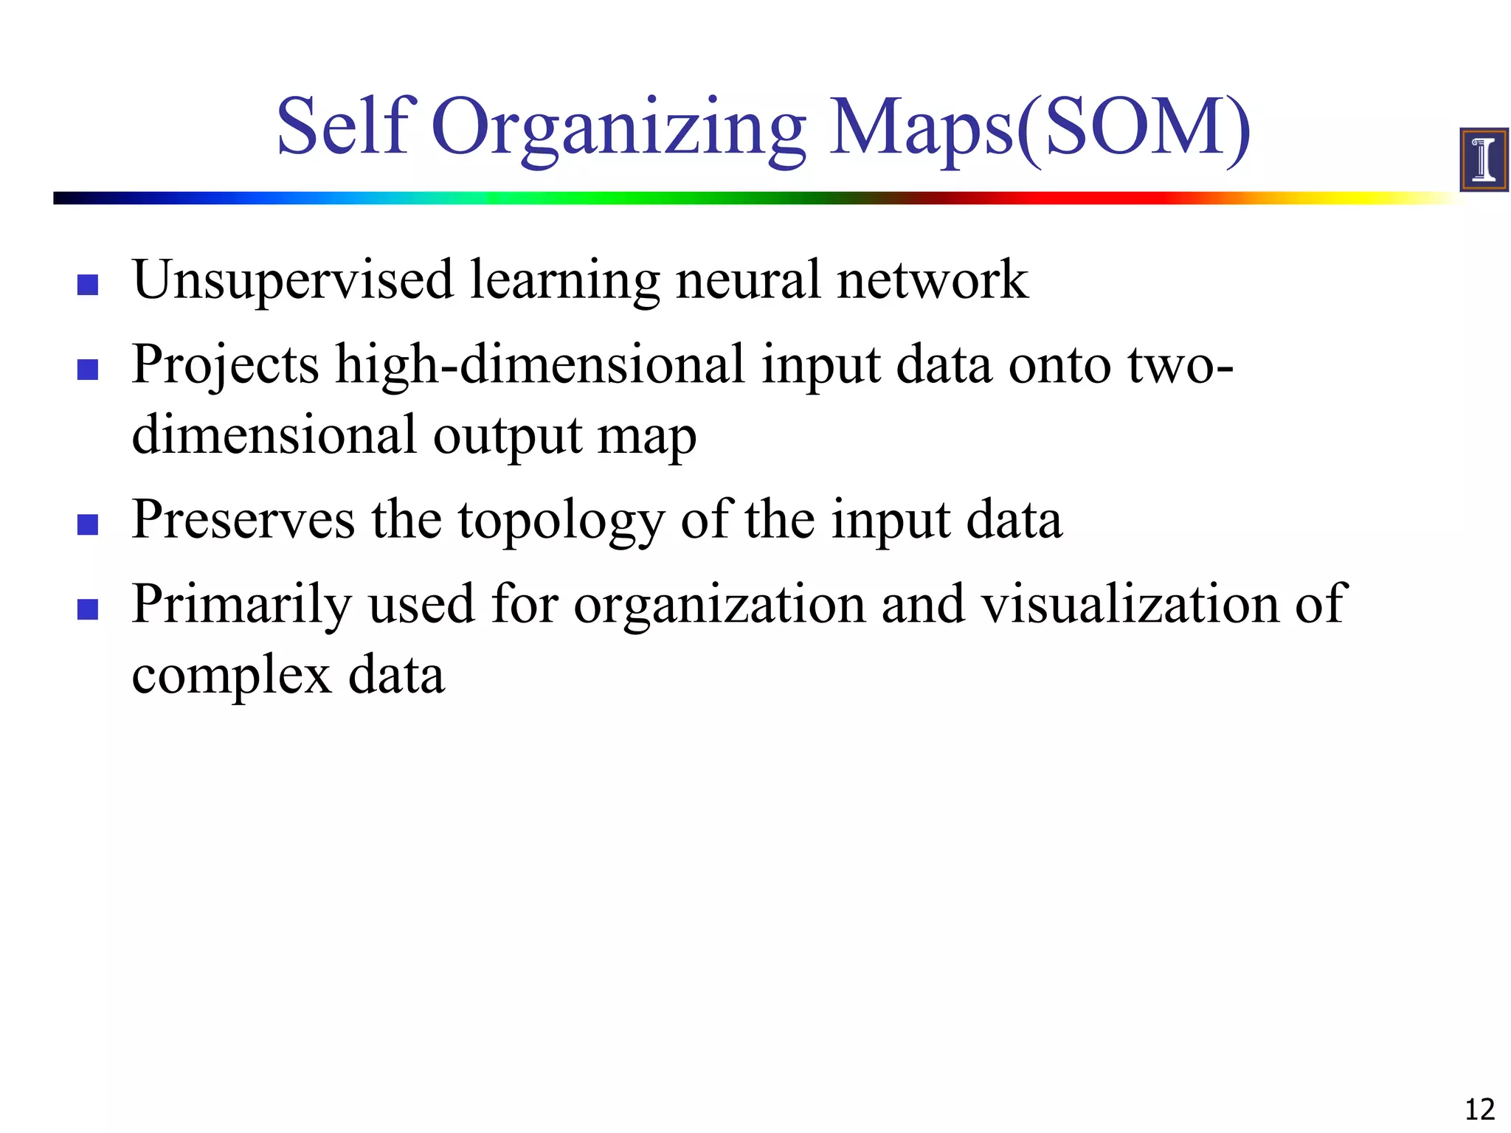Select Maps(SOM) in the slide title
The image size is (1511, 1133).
pos(1040,129)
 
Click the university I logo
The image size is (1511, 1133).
pos(1483,159)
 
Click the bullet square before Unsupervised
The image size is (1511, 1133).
pos(88,285)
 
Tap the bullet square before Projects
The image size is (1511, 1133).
pos(88,369)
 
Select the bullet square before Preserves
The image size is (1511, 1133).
pos(88,524)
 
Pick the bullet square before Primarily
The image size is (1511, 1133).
pos(88,609)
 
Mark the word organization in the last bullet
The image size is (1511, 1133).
pos(719,605)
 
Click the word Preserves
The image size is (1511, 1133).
pos(243,521)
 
